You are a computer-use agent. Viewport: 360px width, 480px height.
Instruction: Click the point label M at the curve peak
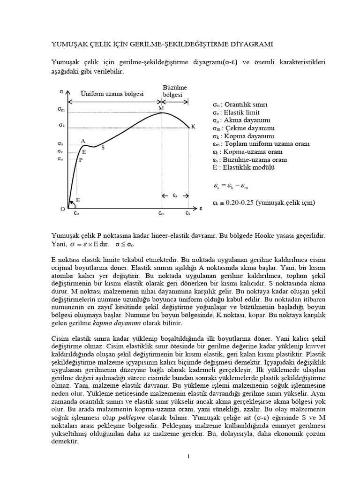tap(161, 108)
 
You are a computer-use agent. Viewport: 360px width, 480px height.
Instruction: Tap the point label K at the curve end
tap(193, 127)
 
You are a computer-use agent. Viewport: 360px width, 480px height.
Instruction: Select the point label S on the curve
tap(103, 148)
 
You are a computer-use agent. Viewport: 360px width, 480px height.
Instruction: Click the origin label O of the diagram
tap(62, 210)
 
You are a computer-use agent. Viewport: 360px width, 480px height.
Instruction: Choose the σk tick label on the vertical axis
tap(61, 125)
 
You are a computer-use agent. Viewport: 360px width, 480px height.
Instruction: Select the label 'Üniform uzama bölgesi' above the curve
tap(112, 94)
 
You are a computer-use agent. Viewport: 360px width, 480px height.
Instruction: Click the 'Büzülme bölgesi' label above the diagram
tap(174, 91)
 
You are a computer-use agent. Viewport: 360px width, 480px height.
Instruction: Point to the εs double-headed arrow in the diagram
tap(174, 195)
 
